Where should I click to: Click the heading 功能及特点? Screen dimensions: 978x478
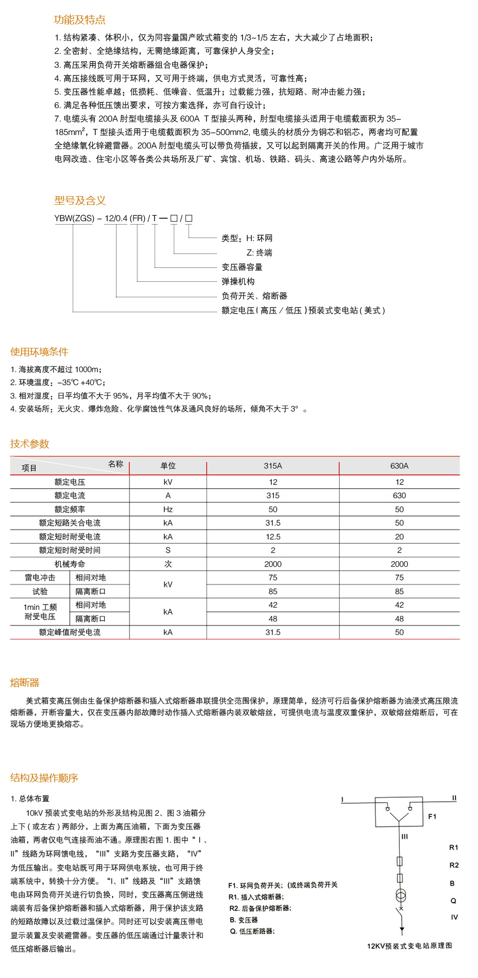[80, 20]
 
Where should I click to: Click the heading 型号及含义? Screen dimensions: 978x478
[80, 201]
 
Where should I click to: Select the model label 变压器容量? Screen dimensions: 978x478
[242, 267]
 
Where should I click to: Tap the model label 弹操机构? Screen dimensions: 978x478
[238, 282]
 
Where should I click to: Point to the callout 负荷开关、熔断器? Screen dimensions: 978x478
[254, 296]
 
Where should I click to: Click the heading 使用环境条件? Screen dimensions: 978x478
[39, 352]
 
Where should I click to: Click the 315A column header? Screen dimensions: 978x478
[273, 466]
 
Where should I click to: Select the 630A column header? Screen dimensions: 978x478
[399, 466]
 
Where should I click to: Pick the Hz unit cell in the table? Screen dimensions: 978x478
[168, 509]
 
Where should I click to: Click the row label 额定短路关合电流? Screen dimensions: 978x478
[70, 523]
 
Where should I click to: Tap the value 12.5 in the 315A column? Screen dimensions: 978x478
[273, 537]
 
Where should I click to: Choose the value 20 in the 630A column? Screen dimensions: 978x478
[399, 537]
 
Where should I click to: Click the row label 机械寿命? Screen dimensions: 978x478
[70, 564]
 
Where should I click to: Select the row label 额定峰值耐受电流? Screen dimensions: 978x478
[70, 632]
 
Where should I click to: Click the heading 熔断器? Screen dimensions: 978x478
[25, 683]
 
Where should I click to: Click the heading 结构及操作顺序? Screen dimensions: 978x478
[44, 778]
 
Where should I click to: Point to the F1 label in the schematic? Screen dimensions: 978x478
[432, 817]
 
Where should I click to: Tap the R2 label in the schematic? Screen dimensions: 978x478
[454, 865]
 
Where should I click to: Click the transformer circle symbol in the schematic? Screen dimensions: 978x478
[401, 895]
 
